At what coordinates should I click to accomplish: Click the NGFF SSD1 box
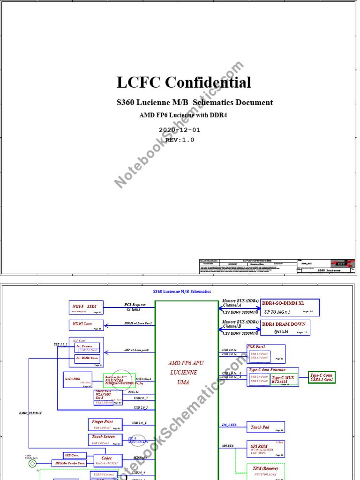pos(86,308)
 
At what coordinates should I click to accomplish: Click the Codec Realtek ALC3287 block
pos(108,460)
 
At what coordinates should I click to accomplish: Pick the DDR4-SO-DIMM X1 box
pos(290,307)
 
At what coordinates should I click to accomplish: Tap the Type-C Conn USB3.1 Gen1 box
pos(322,377)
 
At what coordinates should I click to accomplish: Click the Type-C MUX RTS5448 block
pos(284,380)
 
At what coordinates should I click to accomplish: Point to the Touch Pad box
pos(265,427)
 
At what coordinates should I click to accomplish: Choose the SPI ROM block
pos(265,449)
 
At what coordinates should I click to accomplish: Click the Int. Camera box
pos(87,348)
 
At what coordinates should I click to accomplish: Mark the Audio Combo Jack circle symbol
pos(32,464)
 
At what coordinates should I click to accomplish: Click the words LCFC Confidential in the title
pos(184,82)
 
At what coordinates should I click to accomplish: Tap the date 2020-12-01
pos(180,130)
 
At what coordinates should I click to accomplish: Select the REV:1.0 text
pos(180,140)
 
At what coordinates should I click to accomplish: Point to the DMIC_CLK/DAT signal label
pos(30,413)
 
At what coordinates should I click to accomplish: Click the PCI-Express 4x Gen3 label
pos(135,307)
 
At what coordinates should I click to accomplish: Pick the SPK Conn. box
pos(75,455)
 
